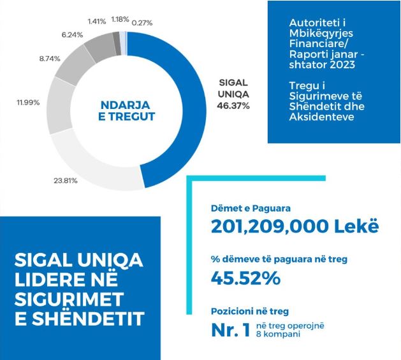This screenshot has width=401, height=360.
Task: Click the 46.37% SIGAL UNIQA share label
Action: coord(233,105)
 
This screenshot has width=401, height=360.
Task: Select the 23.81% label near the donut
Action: coord(64,180)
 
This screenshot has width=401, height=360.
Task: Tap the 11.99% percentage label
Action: coord(29,103)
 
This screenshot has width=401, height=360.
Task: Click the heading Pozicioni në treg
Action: coord(249,311)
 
